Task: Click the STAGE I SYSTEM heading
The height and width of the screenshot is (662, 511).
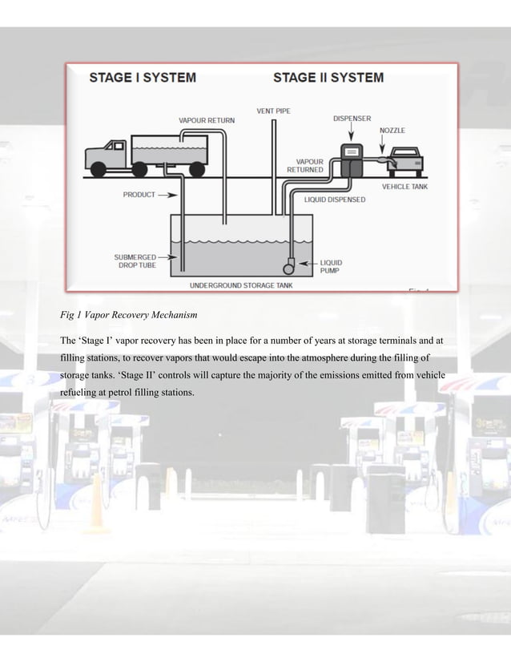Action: tap(143, 79)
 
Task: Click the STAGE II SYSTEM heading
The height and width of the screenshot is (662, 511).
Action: tap(328, 79)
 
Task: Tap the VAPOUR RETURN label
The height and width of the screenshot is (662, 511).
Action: tap(207, 120)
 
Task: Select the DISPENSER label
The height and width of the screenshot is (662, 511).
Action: tap(352, 118)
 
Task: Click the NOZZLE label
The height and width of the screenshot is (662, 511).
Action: tap(392, 128)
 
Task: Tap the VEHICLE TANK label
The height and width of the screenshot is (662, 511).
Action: tap(404, 185)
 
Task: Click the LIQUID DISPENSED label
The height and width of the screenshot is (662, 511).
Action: tap(335, 199)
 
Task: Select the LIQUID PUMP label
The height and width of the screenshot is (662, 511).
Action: tap(332, 266)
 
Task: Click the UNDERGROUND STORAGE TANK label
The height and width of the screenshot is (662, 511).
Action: tap(239, 285)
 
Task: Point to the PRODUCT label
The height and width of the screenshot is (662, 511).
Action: tap(139, 194)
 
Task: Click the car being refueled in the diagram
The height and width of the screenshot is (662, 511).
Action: tap(406, 163)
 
